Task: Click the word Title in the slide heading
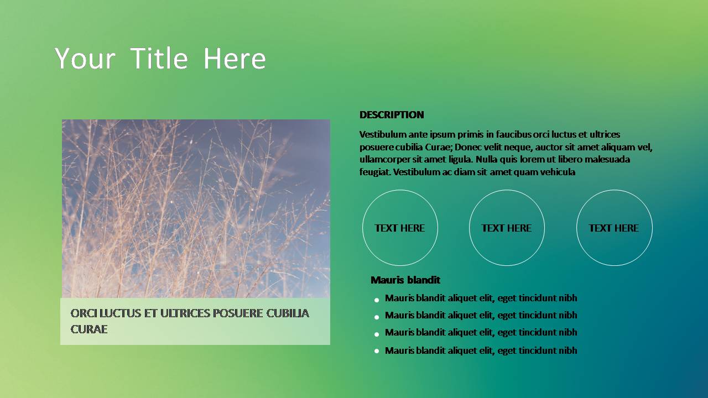click(159, 58)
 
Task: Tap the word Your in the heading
click(85, 58)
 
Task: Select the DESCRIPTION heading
click(392, 114)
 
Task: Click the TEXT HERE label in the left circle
click(399, 228)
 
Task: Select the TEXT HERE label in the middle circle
click(506, 228)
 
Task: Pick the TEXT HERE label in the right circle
click(613, 228)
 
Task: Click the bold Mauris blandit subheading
click(405, 280)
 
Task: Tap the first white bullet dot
click(377, 300)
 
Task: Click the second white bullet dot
click(377, 317)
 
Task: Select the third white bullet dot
click(377, 334)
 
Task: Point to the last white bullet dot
click(377, 350)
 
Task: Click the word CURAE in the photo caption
click(89, 329)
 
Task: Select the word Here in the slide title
click(234, 58)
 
